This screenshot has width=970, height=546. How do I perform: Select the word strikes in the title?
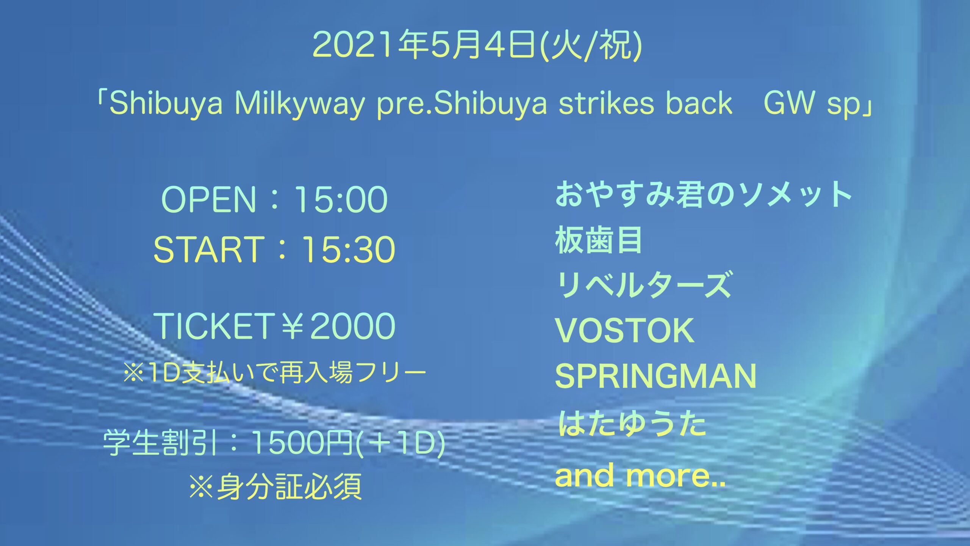tap(606, 103)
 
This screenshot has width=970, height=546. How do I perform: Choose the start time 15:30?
tap(348, 249)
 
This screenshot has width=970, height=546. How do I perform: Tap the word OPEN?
tap(209, 199)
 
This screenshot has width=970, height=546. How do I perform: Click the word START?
tap(209, 249)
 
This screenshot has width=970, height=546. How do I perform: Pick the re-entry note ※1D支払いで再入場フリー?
tap(275, 374)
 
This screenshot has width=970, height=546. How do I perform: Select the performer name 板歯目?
tap(599, 240)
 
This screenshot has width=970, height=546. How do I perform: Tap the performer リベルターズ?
tap(643, 284)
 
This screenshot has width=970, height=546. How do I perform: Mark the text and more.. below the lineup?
tap(640, 475)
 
